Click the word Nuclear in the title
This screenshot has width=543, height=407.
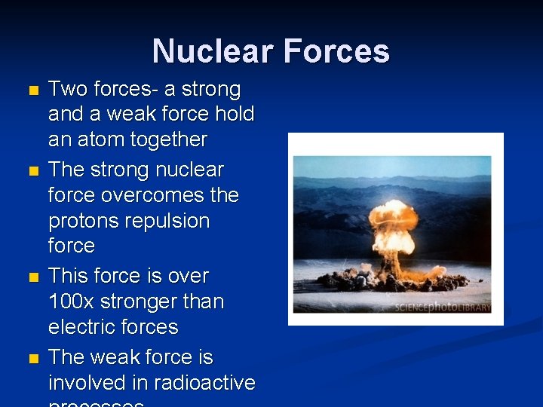pyautogui.click(x=213, y=51)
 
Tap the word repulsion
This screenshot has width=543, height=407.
pyautogui.click(x=173, y=221)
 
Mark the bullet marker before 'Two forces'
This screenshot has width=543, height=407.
pyautogui.click(x=31, y=91)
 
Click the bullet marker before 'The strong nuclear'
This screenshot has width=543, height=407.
pyautogui.click(x=31, y=171)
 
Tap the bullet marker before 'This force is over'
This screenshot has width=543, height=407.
pyautogui.click(x=31, y=277)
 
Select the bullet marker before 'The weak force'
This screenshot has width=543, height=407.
pyautogui.click(x=31, y=359)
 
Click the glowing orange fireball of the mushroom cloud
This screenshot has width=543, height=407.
pyautogui.click(x=394, y=220)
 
